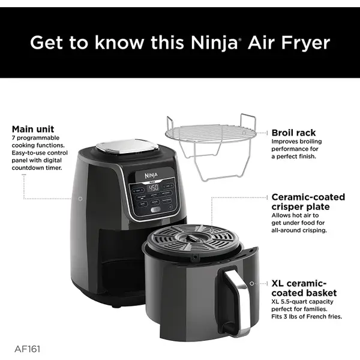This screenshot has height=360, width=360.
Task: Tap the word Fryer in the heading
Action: pyautogui.click(x=304, y=43)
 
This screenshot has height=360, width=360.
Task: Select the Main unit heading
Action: pyautogui.click(x=33, y=129)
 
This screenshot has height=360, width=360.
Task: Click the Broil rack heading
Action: pyautogui.click(x=293, y=133)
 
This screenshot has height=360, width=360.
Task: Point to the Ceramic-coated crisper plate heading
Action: pyautogui.click(x=308, y=202)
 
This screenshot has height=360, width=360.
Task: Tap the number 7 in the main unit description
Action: pyautogui.click(x=13, y=139)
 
